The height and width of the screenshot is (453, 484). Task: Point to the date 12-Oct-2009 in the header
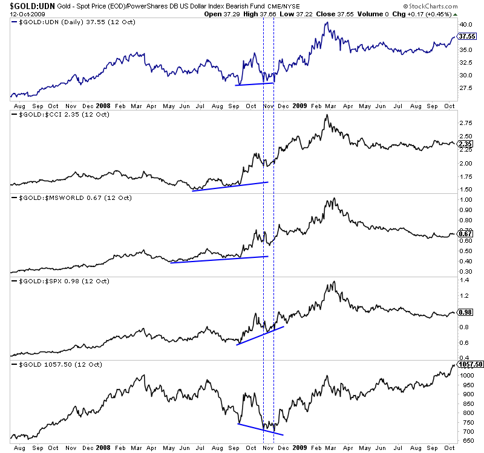(x=21, y=14)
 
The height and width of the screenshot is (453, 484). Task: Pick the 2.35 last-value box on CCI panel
(x=465, y=144)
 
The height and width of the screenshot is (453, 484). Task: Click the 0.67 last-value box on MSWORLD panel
(x=465, y=234)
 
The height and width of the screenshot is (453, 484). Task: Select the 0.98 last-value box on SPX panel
(x=465, y=312)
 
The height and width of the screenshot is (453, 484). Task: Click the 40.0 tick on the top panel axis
(x=465, y=24)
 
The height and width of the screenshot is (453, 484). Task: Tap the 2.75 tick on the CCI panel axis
(x=465, y=122)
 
